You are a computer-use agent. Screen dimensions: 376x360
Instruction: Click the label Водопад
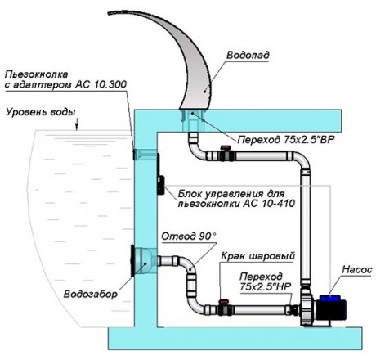tap(248, 56)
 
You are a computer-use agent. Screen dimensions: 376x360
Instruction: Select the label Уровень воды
tap(41, 112)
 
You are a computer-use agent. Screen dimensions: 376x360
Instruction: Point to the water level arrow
tap(77, 124)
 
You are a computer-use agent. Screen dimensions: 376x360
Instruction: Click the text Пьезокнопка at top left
tap(36, 74)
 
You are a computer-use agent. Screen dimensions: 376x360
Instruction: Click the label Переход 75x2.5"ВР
tap(286, 140)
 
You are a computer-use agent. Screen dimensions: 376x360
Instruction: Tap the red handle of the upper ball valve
tap(225, 148)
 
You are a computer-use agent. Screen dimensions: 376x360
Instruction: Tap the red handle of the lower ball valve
tap(225, 302)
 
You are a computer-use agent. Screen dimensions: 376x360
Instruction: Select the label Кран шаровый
tap(257, 256)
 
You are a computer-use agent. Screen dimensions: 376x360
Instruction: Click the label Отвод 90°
tap(189, 236)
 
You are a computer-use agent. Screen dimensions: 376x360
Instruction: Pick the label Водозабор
tap(91, 294)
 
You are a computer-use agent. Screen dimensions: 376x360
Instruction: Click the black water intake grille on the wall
tap(132, 261)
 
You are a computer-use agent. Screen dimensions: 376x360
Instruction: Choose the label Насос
tap(357, 270)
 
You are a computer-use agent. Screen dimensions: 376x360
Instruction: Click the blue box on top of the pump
tap(329, 298)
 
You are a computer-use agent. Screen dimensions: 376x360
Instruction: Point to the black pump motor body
tap(330, 311)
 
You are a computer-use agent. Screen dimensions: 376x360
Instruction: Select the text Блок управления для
tap(231, 194)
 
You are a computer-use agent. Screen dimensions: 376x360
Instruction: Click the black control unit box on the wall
tap(161, 185)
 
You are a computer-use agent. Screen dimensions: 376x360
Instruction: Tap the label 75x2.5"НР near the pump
tap(266, 286)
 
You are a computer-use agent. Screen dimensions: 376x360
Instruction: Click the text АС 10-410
tap(267, 204)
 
